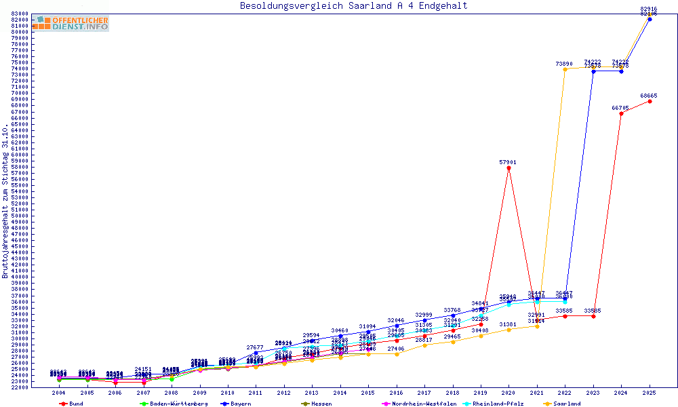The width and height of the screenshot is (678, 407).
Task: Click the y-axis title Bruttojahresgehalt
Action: (x=5, y=201)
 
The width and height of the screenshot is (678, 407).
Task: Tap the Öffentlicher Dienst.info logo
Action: (x=71, y=23)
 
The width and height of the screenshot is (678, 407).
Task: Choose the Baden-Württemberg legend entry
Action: (x=174, y=404)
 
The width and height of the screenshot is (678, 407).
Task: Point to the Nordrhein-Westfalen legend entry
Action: (x=419, y=404)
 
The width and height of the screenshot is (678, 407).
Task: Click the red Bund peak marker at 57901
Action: (x=509, y=168)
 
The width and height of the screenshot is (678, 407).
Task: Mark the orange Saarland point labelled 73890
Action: (x=565, y=69)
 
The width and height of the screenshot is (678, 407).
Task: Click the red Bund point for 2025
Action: (x=650, y=101)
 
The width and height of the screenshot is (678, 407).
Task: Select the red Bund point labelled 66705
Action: (x=621, y=113)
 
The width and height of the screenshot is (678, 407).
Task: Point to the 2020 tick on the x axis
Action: (x=509, y=393)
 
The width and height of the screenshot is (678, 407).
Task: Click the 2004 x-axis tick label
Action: (x=59, y=393)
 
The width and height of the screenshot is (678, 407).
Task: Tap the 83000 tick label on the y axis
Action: (x=20, y=14)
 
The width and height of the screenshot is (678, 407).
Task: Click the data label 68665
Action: (x=649, y=96)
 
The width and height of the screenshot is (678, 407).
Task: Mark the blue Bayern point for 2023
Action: (x=593, y=71)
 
